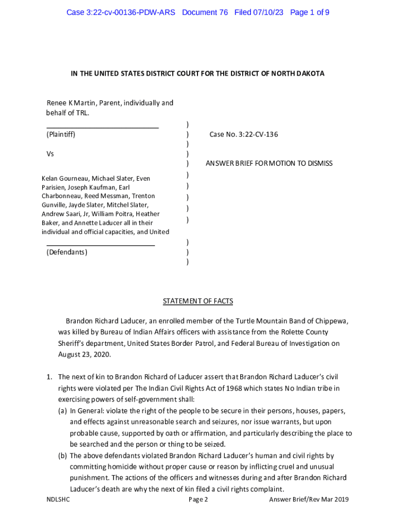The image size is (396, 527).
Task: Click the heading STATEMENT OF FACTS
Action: coord(198,301)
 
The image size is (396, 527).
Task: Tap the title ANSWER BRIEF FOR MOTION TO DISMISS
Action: coord(269,163)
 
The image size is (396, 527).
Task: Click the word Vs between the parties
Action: coord(50,154)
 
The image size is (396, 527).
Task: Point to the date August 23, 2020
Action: coord(84,355)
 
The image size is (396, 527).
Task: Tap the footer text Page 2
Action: coord(198,499)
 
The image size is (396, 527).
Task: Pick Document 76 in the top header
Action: coord(205,12)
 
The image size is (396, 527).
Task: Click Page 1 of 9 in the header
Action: coord(310,12)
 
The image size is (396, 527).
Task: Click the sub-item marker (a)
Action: coord(63,411)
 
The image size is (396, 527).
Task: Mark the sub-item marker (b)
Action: coord(63,455)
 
